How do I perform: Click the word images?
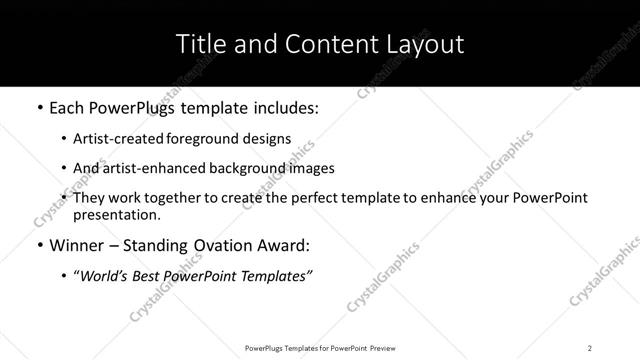311,168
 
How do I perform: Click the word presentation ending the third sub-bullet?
116,214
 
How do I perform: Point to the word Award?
283,246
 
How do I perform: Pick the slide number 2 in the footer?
590,348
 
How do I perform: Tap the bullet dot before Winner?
38,246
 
